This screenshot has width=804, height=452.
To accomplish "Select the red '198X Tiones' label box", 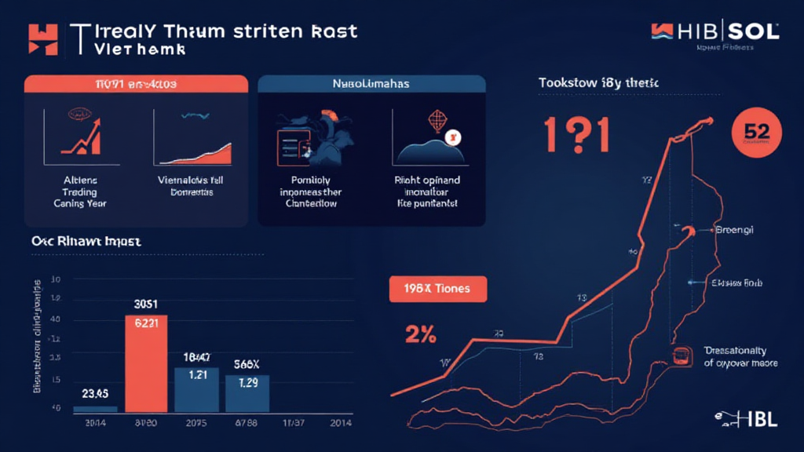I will click(x=438, y=289).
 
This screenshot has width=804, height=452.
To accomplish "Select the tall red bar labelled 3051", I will click(x=146, y=363).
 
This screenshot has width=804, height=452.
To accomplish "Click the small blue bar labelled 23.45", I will click(x=95, y=408).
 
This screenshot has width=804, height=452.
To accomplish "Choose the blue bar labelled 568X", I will click(x=247, y=392).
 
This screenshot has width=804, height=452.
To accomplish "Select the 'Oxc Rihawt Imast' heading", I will click(x=86, y=243).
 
